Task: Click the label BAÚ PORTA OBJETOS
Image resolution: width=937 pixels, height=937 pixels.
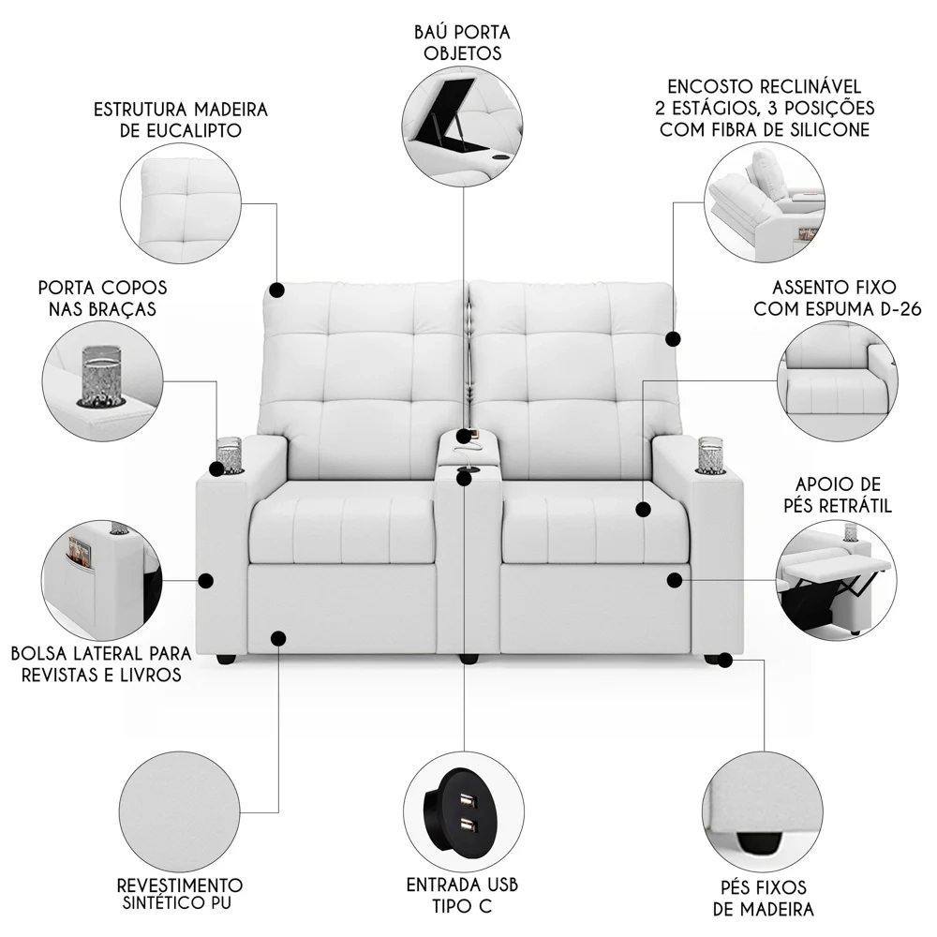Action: (461, 42)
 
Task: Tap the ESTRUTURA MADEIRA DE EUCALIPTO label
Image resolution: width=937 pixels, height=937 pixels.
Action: (181, 119)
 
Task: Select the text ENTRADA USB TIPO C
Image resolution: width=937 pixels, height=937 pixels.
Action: (462, 895)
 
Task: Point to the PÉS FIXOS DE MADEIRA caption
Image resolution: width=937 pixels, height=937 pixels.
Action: (763, 898)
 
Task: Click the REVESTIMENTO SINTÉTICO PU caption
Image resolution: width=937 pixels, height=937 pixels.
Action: (180, 894)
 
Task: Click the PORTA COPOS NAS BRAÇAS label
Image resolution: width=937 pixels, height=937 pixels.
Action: (103, 297)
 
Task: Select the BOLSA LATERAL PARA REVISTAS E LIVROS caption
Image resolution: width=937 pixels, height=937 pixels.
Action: (101, 663)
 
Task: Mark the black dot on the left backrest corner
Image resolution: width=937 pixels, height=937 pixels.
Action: (276, 290)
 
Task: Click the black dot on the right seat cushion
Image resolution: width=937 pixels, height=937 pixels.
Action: (643, 509)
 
